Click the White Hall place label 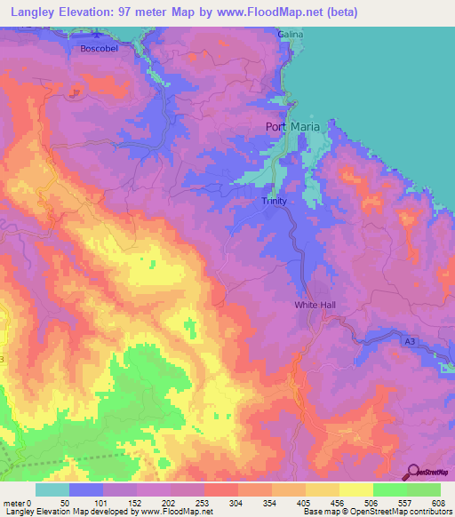[315, 305]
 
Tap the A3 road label [410, 340]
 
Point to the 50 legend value [65, 478]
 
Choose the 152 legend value [135, 478]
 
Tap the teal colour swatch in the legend [52, 489]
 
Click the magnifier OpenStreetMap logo [413, 471]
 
